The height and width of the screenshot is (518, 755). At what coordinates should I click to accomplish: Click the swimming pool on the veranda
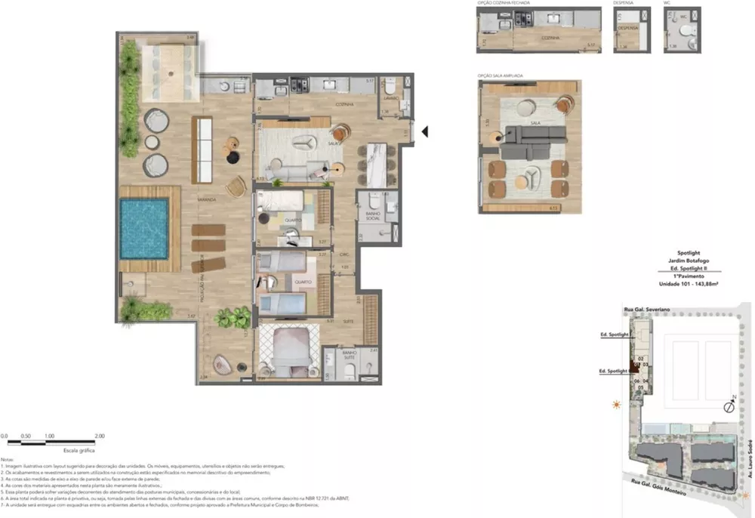tap(143, 229)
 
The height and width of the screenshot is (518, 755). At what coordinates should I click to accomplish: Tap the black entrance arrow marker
tap(424, 131)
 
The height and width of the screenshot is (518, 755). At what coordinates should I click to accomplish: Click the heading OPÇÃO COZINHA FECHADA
tap(504, 3)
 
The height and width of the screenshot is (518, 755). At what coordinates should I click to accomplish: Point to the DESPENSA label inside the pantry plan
tap(628, 28)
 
